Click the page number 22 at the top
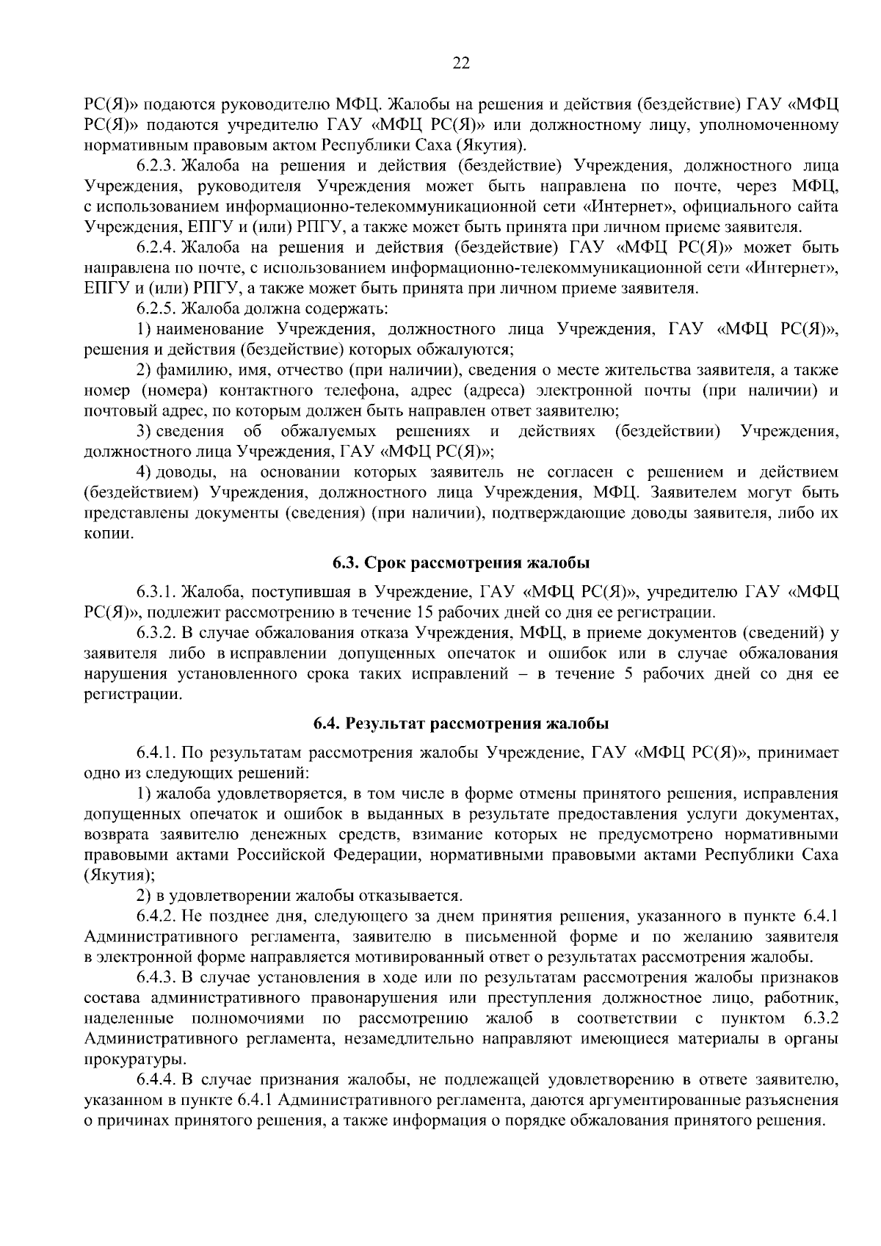(x=460, y=63)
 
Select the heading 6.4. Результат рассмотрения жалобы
(x=460, y=724)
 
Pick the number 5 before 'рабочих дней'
(x=628, y=673)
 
